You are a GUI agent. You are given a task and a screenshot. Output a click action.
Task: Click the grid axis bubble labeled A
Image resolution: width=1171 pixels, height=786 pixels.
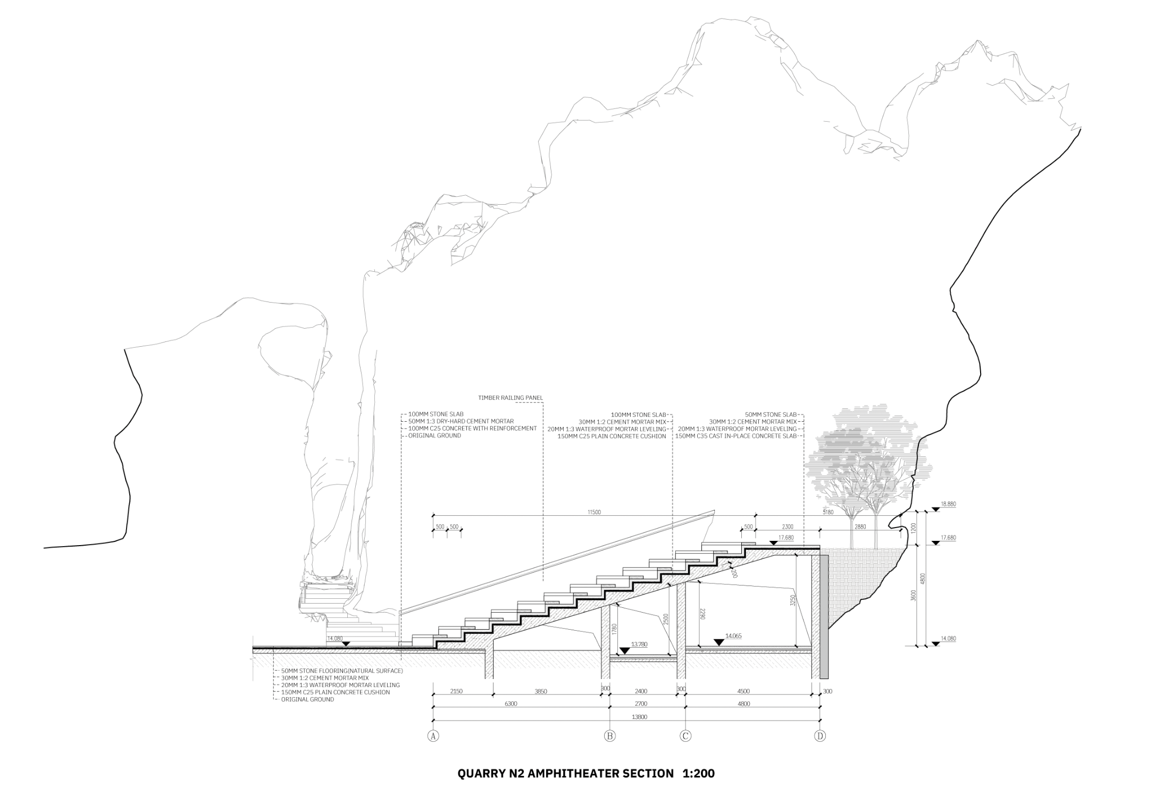click(433, 736)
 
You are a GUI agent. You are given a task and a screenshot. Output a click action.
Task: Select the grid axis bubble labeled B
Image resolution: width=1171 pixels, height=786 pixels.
click(609, 736)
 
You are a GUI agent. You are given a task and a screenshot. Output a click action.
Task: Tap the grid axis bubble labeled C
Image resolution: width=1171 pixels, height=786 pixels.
click(685, 736)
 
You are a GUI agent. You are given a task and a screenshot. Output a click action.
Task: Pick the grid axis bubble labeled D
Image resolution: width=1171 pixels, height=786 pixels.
click(820, 736)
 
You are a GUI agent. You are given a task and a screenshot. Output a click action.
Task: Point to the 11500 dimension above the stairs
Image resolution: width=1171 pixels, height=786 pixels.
click(594, 512)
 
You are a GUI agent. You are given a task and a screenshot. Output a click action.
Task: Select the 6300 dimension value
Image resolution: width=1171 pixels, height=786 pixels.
click(511, 704)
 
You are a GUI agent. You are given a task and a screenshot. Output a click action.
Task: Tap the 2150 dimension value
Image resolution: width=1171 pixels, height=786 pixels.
click(456, 691)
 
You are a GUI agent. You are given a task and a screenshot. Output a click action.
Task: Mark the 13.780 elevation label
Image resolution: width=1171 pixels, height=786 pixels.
click(639, 644)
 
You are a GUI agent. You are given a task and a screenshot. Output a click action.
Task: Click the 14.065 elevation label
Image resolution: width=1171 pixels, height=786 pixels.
click(733, 636)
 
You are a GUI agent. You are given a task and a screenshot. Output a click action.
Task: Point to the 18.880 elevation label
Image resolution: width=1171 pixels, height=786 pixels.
click(948, 504)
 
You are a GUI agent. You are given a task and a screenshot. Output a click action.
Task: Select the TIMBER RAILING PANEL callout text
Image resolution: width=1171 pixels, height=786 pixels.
click(511, 398)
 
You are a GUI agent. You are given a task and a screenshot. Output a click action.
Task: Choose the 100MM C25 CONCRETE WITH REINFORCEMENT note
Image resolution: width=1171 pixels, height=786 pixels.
click(472, 429)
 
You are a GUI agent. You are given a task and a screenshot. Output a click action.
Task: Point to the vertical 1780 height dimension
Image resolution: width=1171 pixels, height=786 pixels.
click(614, 630)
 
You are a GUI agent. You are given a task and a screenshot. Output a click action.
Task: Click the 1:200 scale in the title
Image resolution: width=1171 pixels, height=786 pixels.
click(698, 773)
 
